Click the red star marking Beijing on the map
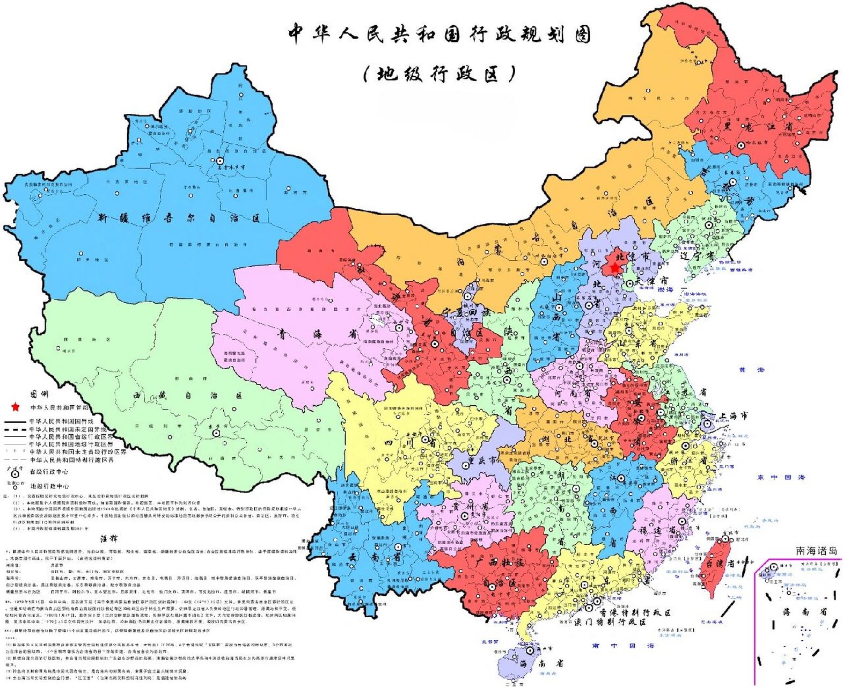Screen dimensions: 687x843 614,267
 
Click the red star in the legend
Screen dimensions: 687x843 16,407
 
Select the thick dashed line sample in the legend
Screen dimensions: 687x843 16,429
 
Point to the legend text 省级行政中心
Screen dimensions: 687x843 49,472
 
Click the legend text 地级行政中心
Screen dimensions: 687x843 49,486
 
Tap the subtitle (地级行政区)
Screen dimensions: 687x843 439,74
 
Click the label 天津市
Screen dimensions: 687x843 652,281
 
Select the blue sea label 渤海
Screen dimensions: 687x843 665,289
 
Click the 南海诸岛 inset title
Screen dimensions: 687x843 816,551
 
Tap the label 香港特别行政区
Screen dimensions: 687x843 635,612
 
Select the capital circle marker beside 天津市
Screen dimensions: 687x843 629,284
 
